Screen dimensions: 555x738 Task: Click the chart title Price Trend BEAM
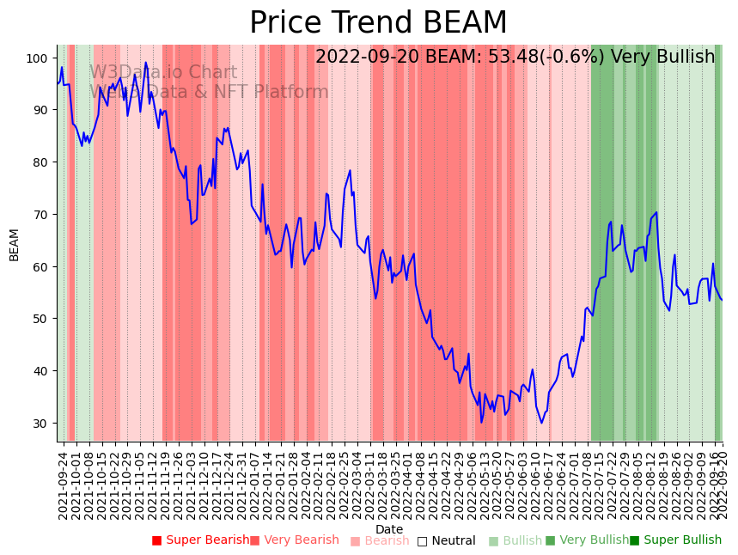coord(378,23)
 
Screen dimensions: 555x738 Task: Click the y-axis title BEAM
coord(14,245)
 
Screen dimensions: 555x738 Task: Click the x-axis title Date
coord(389,529)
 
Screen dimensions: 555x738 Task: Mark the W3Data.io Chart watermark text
coord(163,72)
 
